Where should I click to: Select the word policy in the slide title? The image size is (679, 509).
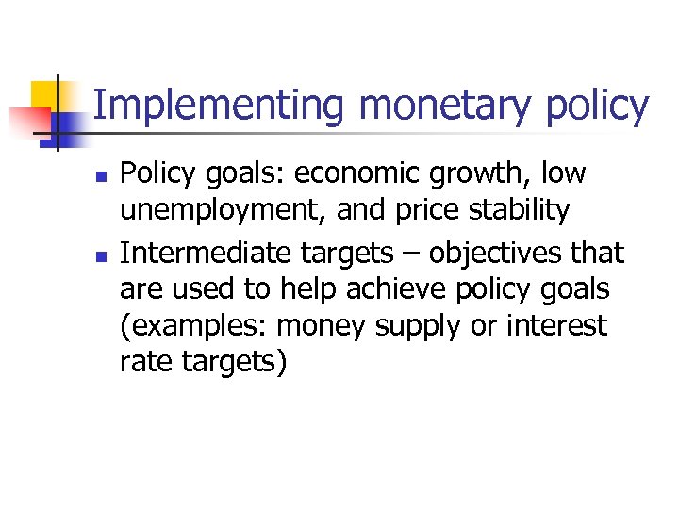[x=597, y=106]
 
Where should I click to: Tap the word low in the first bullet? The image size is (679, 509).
[x=563, y=173]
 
